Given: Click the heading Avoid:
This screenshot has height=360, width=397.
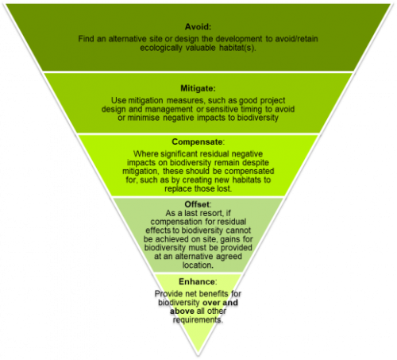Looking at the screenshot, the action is (198, 27).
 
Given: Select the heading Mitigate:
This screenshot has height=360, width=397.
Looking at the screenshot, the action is (198, 88).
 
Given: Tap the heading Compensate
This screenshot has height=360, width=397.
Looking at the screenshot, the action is (197, 142).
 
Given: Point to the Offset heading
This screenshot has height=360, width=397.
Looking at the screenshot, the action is (197, 204).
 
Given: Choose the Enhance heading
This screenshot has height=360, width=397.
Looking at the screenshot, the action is (197, 281).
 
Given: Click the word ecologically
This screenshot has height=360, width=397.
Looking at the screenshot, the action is (161, 48).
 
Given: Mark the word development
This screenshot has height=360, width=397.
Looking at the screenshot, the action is (238, 39).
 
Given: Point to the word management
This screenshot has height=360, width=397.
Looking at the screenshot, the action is (169, 109).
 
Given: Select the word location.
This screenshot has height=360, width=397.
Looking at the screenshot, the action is (198, 265).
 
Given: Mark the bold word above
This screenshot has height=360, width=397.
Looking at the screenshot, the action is (182, 311).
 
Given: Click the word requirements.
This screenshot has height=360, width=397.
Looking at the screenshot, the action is (198, 320).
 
